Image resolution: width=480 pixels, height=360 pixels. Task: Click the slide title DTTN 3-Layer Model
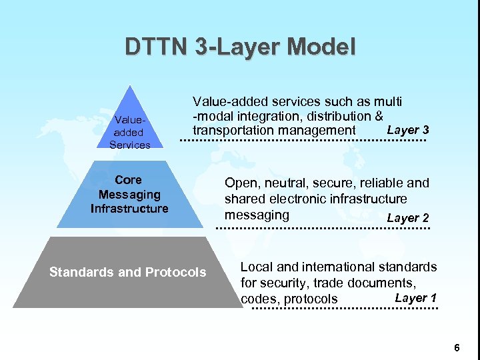tap(240, 47)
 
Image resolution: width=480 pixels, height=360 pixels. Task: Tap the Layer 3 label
tap(407, 130)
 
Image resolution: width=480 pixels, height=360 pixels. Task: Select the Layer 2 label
tap(407, 218)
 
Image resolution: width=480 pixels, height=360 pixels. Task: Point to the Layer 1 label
tap(415, 298)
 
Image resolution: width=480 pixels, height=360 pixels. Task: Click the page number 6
tap(457, 347)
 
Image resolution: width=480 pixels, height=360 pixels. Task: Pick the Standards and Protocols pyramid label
tap(128, 272)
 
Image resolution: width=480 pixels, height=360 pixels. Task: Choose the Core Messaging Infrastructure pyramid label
tap(129, 194)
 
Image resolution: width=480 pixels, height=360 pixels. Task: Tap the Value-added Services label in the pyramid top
tap(129, 133)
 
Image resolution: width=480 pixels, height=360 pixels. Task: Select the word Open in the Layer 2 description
tap(239, 183)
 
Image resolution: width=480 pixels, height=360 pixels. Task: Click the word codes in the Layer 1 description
tap(259, 299)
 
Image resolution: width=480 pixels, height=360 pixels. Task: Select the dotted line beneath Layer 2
tap(325, 229)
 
